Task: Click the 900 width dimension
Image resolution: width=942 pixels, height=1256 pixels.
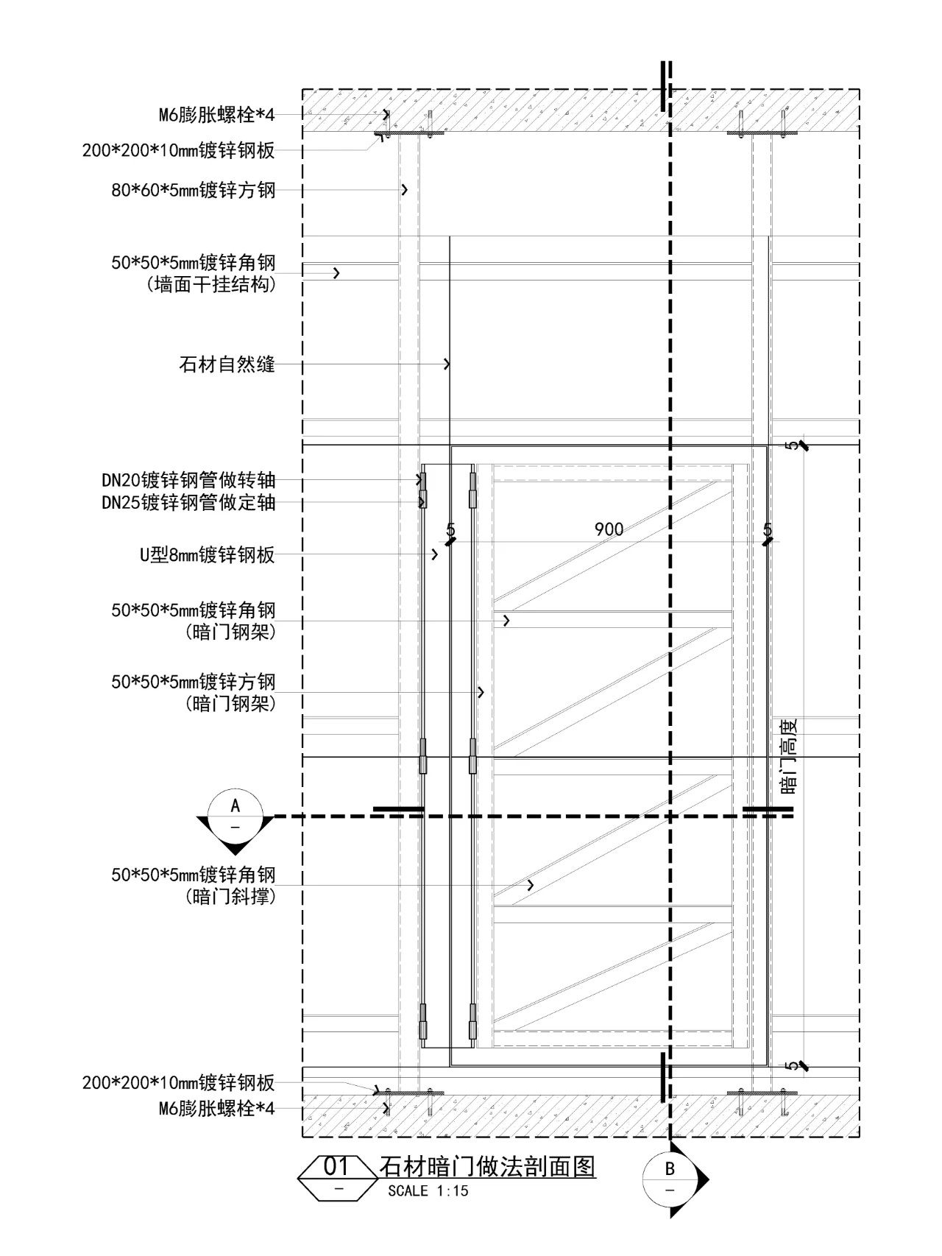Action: pyautogui.click(x=609, y=529)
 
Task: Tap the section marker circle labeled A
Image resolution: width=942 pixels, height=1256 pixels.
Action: pyautogui.click(x=235, y=814)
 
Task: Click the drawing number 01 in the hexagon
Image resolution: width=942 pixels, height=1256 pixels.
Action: pyautogui.click(x=336, y=1166)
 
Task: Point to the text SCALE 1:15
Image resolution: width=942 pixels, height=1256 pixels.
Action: pyautogui.click(x=428, y=1191)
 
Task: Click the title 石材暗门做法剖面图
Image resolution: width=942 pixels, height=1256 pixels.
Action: pyautogui.click(x=487, y=1166)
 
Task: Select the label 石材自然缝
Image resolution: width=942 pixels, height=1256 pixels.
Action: pyautogui.click(x=227, y=364)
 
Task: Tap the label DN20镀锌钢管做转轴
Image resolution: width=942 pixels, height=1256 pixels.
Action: pyautogui.click(x=188, y=481)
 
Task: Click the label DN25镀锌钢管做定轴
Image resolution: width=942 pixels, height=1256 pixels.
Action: pyautogui.click(x=188, y=503)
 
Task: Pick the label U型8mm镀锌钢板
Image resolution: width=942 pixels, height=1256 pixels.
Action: pyautogui.click(x=208, y=555)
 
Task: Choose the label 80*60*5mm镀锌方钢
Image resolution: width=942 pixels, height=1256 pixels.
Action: pyautogui.click(x=193, y=190)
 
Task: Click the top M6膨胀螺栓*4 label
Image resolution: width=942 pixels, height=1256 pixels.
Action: pyautogui.click(x=216, y=115)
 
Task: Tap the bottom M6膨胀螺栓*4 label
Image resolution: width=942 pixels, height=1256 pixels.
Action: pyautogui.click(x=216, y=1108)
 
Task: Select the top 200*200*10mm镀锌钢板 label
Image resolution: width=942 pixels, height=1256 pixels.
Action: pyautogui.click(x=178, y=151)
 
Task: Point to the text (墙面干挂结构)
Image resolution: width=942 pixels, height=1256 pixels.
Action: pyautogui.click(x=212, y=285)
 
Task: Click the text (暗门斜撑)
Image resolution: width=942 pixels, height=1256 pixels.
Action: pyautogui.click(x=231, y=897)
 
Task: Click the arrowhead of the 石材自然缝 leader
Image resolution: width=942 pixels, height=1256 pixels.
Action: pyautogui.click(x=447, y=364)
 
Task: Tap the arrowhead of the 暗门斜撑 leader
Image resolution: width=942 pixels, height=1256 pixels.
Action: pyautogui.click(x=531, y=885)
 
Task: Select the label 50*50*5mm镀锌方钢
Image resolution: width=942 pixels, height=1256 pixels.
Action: pyautogui.click(x=193, y=682)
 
